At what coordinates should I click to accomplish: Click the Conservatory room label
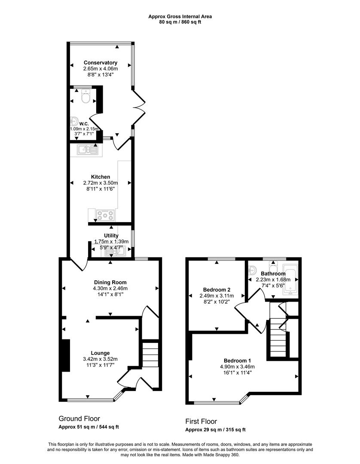coord(100,63)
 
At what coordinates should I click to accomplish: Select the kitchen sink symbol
coord(88,150)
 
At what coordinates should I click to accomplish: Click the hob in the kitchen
coord(105,214)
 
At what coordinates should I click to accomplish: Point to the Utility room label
coord(111,236)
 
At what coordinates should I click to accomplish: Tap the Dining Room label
coord(110,282)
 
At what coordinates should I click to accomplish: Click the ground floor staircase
coord(150,354)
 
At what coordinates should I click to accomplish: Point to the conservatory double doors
coord(139,105)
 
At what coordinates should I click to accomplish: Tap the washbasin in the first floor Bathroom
coord(253,271)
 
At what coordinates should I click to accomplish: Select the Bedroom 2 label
coord(217,289)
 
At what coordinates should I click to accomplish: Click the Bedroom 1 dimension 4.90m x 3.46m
coord(237,366)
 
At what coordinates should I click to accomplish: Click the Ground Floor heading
coord(79,418)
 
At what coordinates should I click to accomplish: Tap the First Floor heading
coord(201,421)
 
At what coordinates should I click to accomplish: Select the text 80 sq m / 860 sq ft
coord(180,22)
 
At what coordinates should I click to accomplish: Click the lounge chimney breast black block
coord(66,355)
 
